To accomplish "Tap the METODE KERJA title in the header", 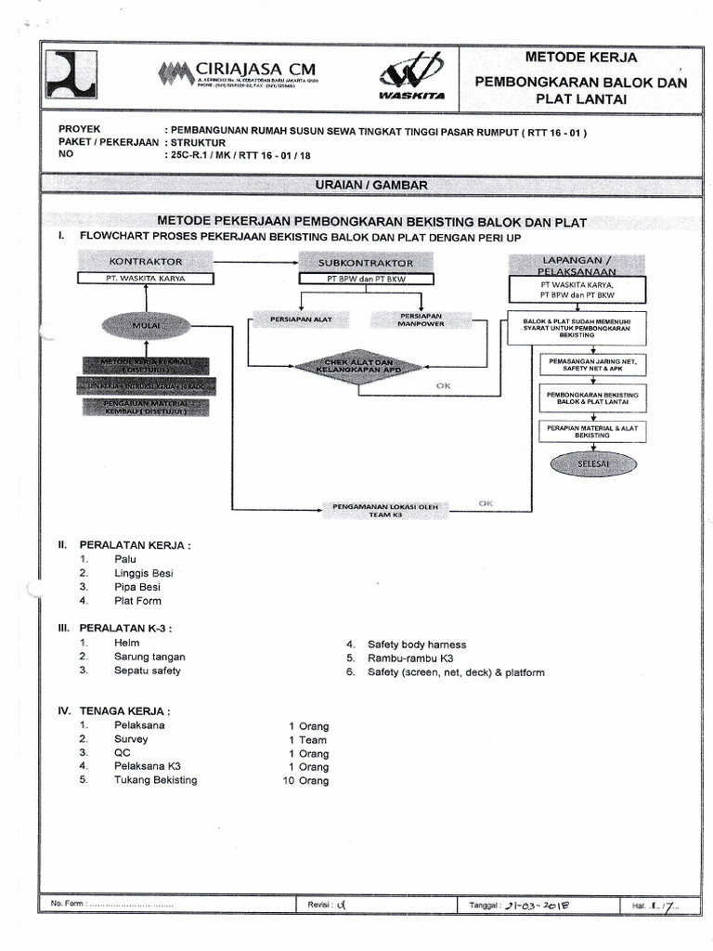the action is [581, 57].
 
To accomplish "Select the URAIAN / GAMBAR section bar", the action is [370, 186].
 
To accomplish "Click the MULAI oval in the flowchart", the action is [146, 326].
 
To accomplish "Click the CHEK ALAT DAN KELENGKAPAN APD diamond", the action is [358, 367].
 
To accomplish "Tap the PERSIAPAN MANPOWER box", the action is [419, 319].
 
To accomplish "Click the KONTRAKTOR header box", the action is [146, 262].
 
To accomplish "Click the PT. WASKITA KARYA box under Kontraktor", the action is [146, 278].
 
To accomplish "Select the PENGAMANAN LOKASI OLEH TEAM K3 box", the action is [384, 509].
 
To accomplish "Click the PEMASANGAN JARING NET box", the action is [593, 363].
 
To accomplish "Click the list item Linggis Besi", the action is [143, 573].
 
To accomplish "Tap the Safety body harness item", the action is [417, 645].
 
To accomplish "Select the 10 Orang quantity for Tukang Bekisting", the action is [305, 781].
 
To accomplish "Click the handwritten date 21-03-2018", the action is [536, 905].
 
